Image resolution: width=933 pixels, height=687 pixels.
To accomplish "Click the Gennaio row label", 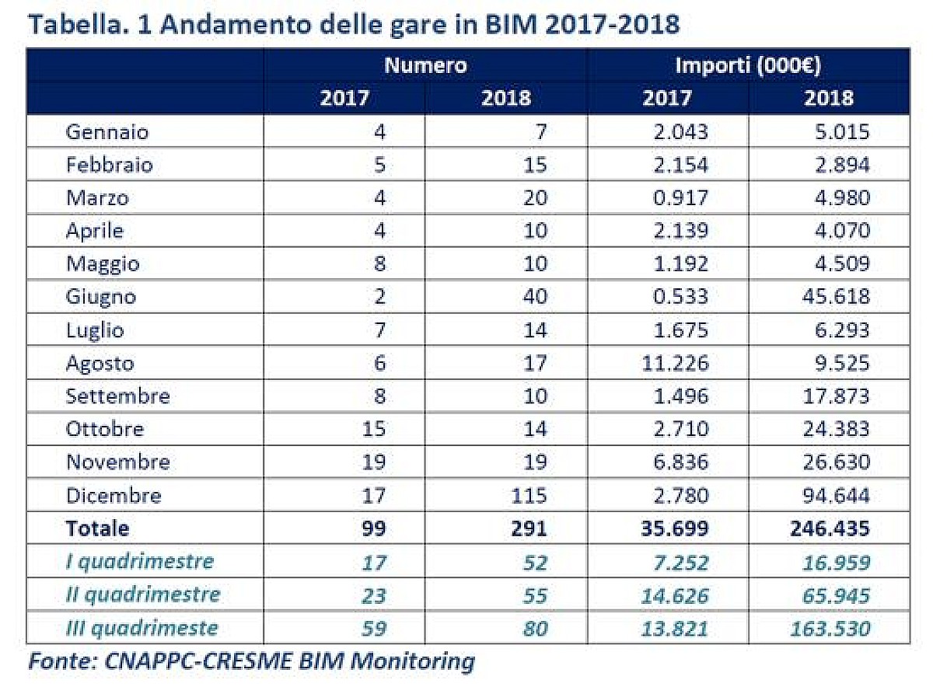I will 107,131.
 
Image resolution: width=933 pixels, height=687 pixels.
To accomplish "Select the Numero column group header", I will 425,65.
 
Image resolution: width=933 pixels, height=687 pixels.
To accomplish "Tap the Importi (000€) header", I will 748,65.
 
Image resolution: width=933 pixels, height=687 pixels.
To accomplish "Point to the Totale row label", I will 97,528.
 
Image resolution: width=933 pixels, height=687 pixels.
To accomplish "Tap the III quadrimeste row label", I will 142,628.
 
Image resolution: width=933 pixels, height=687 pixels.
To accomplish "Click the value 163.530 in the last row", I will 829,628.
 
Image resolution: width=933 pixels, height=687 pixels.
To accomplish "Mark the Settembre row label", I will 117,396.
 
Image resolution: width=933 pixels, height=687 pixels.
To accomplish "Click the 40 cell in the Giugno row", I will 533,296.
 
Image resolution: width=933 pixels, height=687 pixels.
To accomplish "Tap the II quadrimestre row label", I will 142,595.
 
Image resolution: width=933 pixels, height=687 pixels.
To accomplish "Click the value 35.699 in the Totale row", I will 669,528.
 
